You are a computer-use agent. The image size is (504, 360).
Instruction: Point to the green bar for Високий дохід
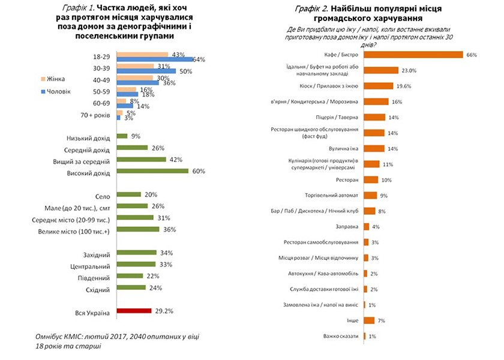coord(152,171)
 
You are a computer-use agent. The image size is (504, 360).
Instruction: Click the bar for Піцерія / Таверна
coord(374,117)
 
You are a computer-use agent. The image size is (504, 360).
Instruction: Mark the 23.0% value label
coord(409,70)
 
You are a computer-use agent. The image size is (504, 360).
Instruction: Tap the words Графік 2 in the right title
coord(310,8)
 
